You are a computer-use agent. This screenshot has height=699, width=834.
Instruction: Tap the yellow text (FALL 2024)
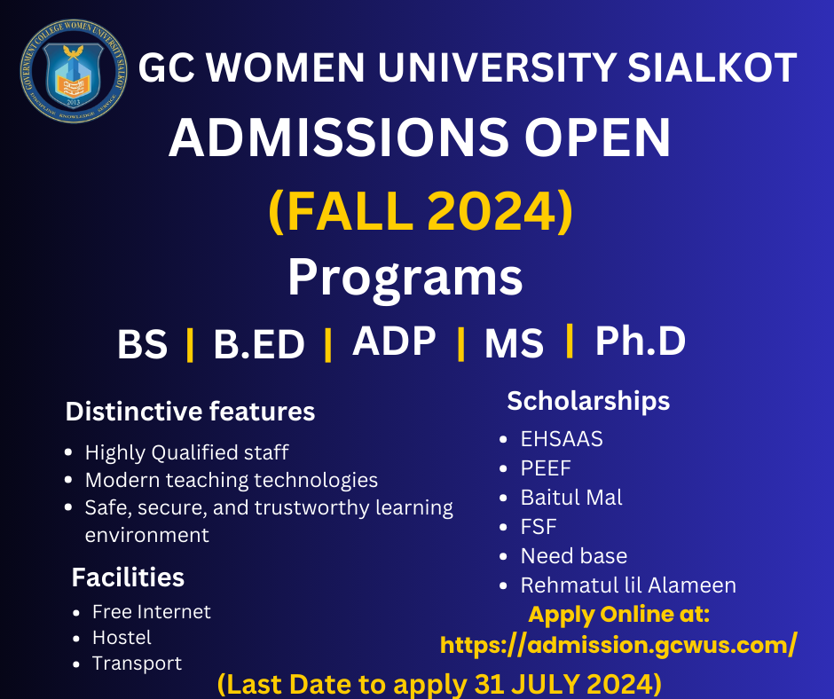pos(420,214)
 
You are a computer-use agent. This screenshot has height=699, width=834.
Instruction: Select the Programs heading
pos(405,279)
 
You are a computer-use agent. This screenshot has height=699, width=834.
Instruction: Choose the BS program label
pos(142,345)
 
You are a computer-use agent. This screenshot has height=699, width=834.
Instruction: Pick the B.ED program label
pos(259,345)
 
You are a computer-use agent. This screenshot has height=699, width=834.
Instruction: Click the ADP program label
pos(394,342)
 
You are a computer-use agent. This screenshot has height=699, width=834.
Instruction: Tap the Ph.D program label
pos(640,342)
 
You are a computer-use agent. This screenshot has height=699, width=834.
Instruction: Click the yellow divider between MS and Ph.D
pos(569,342)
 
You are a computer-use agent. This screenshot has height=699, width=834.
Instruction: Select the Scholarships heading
pos(588,401)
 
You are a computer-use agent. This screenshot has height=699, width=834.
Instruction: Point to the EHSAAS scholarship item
pos(562,439)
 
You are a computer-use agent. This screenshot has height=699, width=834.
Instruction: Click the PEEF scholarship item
pos(546,468)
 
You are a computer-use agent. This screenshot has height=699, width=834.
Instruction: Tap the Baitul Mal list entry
pos(571,498)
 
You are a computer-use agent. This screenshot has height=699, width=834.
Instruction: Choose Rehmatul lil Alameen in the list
pos(628,585)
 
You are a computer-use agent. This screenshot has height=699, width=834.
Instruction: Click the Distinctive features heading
pos(190,412)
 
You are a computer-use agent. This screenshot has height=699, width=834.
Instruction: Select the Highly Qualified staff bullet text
pos(186,452)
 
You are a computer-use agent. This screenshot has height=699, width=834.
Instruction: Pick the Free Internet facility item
pos(151,612)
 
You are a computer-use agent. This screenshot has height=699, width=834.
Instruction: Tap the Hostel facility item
pos(122,638)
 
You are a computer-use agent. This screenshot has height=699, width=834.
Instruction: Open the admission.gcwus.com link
pos(618,644)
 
